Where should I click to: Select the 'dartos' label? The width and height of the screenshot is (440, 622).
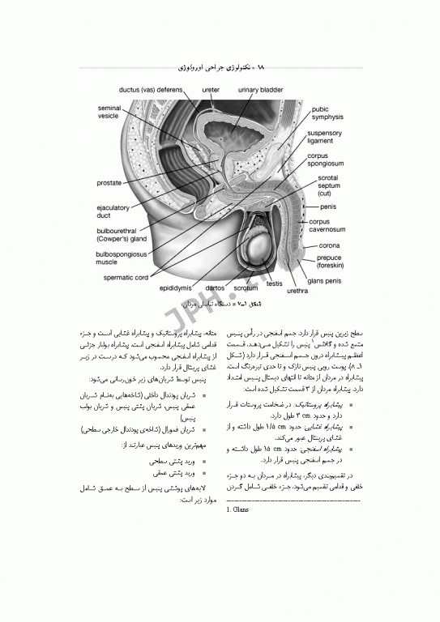pos(215,288)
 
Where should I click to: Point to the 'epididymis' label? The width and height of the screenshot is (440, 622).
pos(175,288)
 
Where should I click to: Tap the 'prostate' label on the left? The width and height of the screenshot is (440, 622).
pos(109,183)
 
